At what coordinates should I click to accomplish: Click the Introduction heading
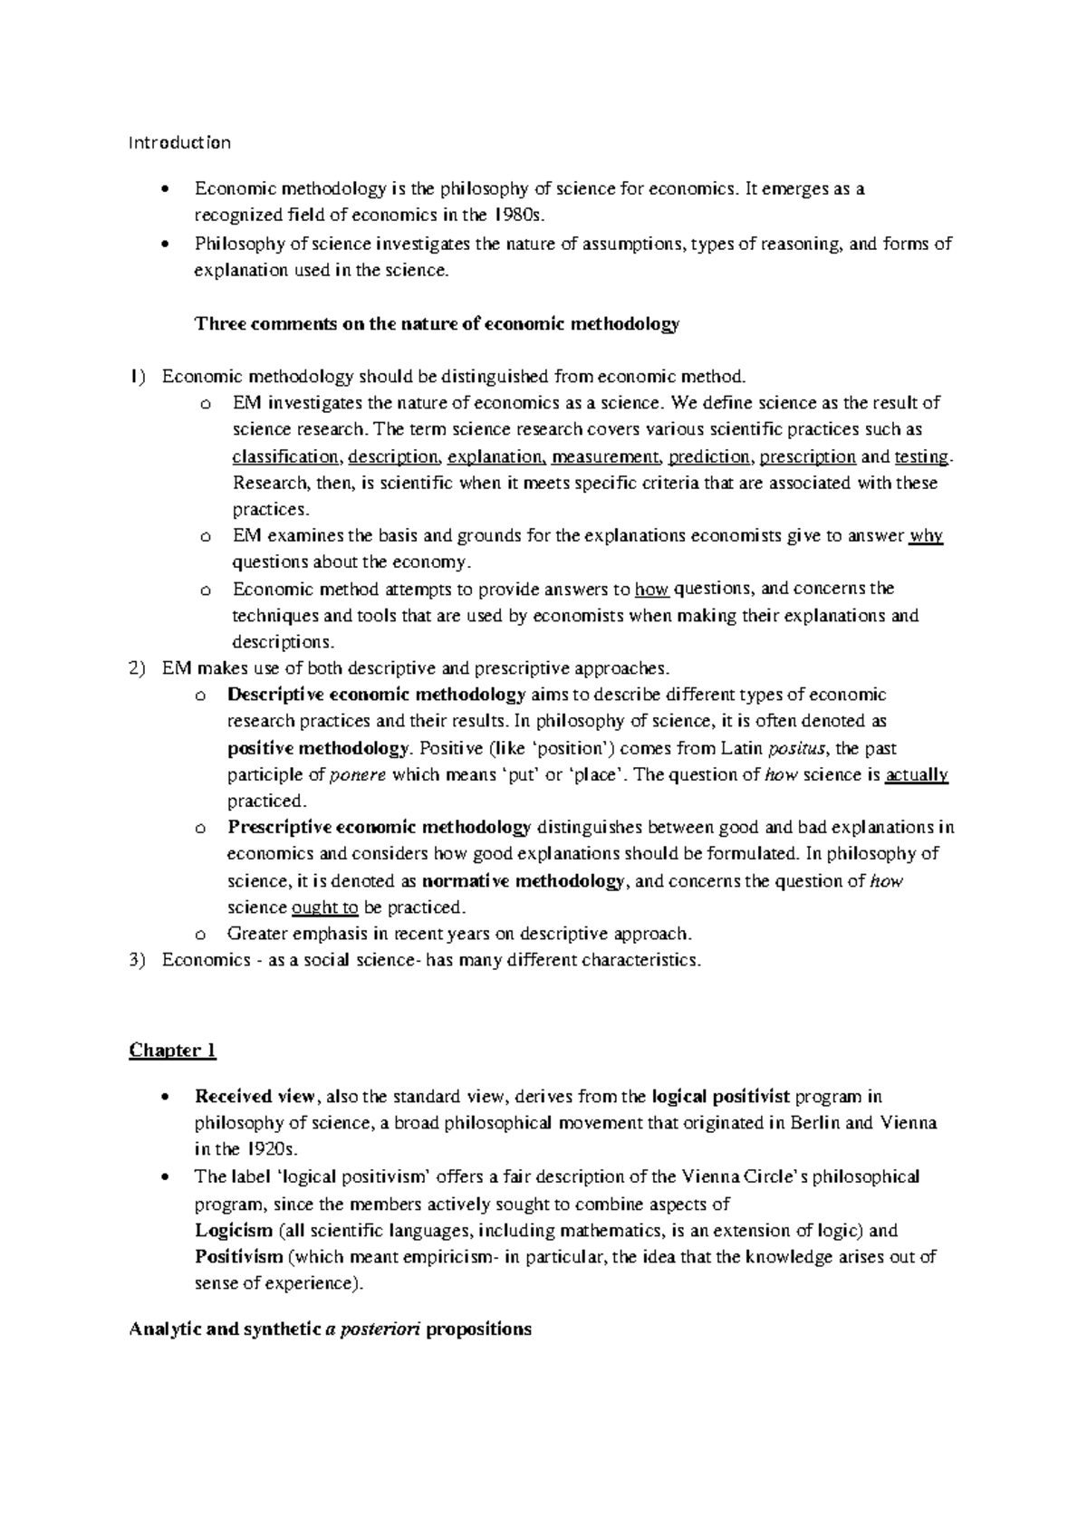tap(179, 142)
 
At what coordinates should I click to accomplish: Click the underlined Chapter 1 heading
tap(173, 1050)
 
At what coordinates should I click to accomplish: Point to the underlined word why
tap(927, 535)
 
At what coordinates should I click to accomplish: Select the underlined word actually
tap(917, 774)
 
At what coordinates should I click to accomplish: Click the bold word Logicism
tap(234, 1230)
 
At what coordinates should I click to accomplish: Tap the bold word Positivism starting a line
tap(238, 1256)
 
